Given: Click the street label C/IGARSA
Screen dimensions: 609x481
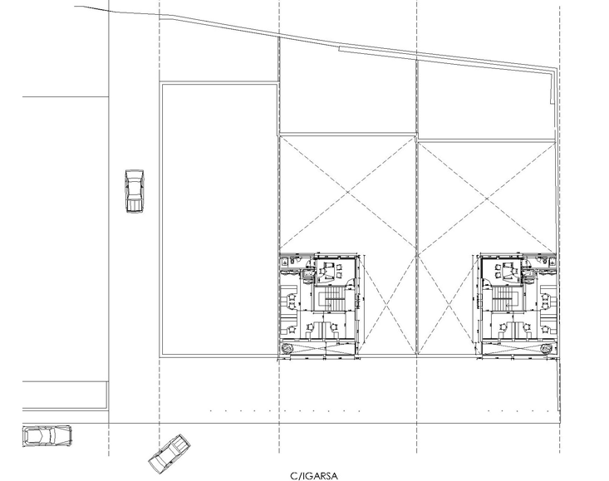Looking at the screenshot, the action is coord(314,475).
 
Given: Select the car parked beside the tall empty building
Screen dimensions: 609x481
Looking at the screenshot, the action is coord(135,191).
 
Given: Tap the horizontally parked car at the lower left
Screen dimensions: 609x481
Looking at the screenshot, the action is coord(47,435).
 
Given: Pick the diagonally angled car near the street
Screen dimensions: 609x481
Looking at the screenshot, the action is coord(169,454).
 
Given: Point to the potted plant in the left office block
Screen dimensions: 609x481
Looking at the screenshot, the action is coord(287,349).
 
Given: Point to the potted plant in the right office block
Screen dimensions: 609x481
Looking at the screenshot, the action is coord(547,349).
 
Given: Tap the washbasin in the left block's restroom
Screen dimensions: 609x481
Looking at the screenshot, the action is coord(308,275).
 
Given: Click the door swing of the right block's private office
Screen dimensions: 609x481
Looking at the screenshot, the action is coord(487,284).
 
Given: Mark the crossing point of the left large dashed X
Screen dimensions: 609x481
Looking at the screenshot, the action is coord(348,192).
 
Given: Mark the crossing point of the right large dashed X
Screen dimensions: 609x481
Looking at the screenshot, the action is coord(487,198).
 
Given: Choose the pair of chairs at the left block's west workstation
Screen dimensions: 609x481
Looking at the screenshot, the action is coord(292,302).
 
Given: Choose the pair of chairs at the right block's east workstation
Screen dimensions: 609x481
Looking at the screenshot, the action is coord(545,302).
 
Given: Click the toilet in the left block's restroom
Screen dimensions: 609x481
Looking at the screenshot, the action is coord(285,261).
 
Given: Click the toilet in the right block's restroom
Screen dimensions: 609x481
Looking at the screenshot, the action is coord(552,261).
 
